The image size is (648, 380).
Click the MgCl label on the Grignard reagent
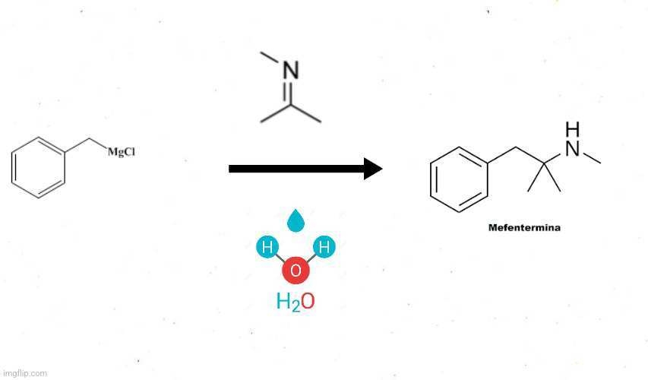(x=122, y=152)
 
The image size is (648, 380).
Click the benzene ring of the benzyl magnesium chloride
(x=38, y=167)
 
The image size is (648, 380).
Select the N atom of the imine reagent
(x=290, y=71)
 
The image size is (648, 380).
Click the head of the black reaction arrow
(x=372, y=168)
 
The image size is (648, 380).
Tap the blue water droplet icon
(x=296, y=220)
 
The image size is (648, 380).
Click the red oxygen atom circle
(x=296, y=270)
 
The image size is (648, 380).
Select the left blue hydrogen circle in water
(x=267, y=247)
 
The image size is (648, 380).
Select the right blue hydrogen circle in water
(x=324, y=247)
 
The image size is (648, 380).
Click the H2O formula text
(x=296, y=302)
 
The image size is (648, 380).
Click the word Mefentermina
(x=524, y=227)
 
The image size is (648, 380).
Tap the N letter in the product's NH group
(x=572, y=149)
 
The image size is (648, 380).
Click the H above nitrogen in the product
(x=572, y=128)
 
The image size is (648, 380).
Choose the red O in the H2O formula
(x=308, y=302)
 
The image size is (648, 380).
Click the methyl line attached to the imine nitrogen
(x=270, y=59)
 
